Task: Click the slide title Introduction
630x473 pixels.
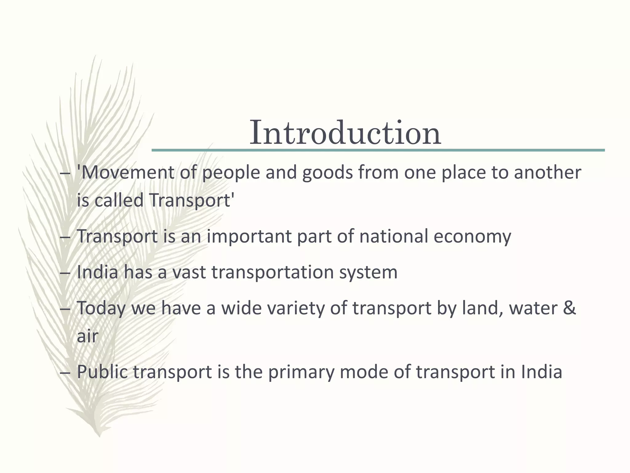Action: (345, 133)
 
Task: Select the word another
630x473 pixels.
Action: (548, 172)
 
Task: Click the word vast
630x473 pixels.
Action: (189, 272)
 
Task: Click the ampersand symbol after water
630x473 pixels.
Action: (569, 308)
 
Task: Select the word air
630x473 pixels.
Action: (87, 336)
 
